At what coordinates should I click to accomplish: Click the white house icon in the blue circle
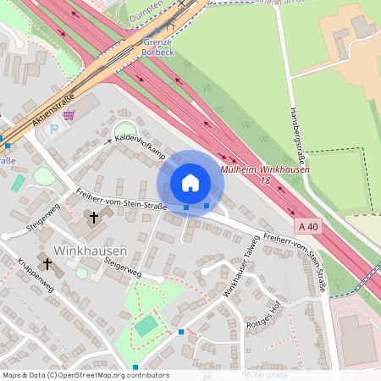click(x=190, y=183)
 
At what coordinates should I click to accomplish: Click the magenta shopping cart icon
click(x=69, y=114)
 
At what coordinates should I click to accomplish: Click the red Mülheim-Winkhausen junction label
click(x=264, y=169)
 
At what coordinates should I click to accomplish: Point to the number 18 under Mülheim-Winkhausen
click(x=265, y=180)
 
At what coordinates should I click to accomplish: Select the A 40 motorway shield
click(x=309, y=227)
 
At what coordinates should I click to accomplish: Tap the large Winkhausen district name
click(x=90, y=251)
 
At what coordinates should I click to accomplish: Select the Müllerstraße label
click(x=266, y=373)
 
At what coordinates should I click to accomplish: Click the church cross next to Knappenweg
click(x=47, y=263)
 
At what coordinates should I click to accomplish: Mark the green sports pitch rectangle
click(x=146, y=325)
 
